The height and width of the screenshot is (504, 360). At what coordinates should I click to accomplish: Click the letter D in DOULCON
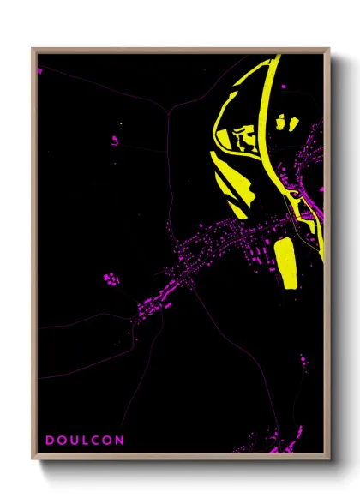click(x=48, y=441)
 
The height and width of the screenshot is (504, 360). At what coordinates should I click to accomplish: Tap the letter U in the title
click(x=74, y=441)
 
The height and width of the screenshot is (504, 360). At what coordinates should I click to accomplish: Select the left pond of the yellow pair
click(x=279, y=124)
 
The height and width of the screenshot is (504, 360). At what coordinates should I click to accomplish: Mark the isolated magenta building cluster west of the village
click(x=110, y=279)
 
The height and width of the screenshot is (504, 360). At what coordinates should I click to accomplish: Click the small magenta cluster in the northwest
click(x=114, y=139)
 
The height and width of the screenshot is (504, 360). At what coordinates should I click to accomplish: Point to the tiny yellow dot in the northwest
click(x=123, y=125)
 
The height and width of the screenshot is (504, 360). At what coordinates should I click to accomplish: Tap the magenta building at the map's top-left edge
click(x=39, y=70)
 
